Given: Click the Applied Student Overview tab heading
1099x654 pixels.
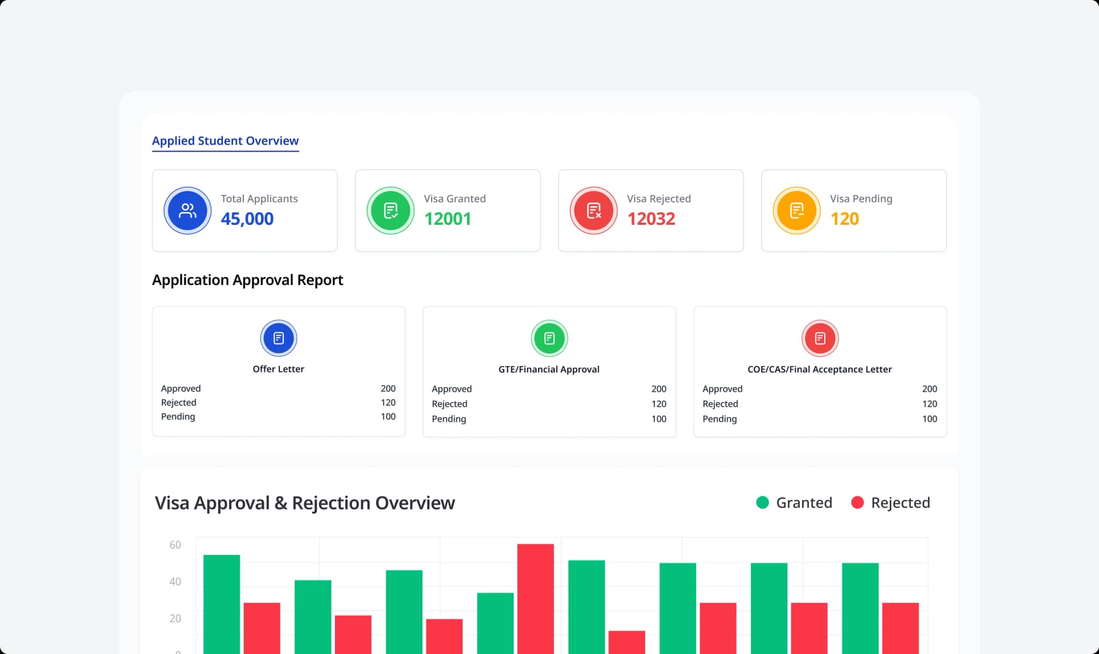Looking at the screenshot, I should pyautogui.click(x=225, y=141).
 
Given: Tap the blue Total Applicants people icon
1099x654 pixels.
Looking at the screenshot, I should pyautogui.click(x=187, y=211).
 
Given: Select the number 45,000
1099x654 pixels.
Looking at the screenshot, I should pyautogui.click(x=247, y=219).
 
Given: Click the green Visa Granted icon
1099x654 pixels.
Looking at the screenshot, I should pyautogui.click(x=390, y=211).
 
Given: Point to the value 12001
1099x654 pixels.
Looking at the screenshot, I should pyautogui.click(x=447, y=219).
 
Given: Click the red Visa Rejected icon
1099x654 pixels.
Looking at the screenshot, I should pyautogui.click(x=594, y=211).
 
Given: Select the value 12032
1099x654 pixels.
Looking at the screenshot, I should pyautogui.click(x=651, y=219).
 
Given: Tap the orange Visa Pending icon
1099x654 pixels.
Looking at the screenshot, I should pyautogui.click(x=796, y=211).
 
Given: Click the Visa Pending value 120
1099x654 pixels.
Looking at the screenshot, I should pyautogui.click(x=844, y=219).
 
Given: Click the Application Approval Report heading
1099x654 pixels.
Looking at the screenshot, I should pyautogui.click(x=247, y=280).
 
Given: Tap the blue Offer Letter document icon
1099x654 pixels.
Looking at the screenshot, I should pyautogui.click(x=279, y=338).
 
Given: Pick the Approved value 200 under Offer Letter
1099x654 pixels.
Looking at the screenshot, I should pyautogui.click(x=388, y=389).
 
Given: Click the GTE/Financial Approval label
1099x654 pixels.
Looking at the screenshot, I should pyautogui.click(x=548, y=370).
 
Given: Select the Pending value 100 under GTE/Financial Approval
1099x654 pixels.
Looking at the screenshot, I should pyautogui.click(x=658, y=419).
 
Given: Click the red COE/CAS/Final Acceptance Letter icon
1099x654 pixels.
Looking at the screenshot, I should pyautogui.click(x=820, y=338).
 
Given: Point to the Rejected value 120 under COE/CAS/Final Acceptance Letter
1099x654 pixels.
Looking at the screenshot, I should pyautogui.click(x=929, y=404).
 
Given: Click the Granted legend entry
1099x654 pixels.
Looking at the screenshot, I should pyautogui.click(x=794, y=502).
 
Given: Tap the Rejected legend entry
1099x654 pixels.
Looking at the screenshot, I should pyautogui.click(x=891, y=502).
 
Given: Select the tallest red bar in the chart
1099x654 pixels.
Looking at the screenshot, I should pyautogui.click(x=535, y=598).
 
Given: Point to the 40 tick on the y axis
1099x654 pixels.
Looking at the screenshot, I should pyautogui.click(x=175, y=581).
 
